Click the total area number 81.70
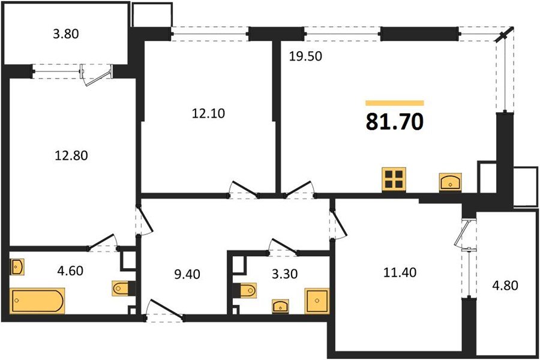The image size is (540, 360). point(394,122)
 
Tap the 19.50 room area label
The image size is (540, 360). point(305,56)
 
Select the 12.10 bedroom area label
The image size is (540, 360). point(208,113)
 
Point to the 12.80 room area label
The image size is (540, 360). point(71,155)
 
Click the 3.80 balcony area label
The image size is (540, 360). point(66,34)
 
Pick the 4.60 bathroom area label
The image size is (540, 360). point(70,271)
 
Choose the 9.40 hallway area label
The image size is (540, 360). point(187,274)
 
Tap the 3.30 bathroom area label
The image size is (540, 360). point(284,274)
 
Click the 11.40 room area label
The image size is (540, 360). point(400,272)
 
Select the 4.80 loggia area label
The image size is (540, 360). point(505,286)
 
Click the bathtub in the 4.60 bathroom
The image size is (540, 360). point(37,301)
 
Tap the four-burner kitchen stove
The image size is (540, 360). point(394,179)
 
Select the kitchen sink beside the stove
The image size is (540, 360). point(451,182)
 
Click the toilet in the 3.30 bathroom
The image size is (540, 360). point(247,290)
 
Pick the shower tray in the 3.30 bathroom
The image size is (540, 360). point(317,301)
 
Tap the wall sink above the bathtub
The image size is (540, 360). point(17,266)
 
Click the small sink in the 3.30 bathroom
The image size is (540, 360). point(280,306)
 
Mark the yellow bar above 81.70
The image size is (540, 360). point(395,103)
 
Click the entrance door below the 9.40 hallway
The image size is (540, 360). point(164,310)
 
